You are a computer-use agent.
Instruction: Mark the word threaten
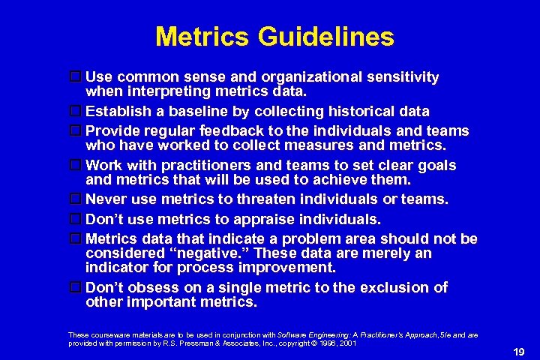pyautogui.click(x=268, y=199)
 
